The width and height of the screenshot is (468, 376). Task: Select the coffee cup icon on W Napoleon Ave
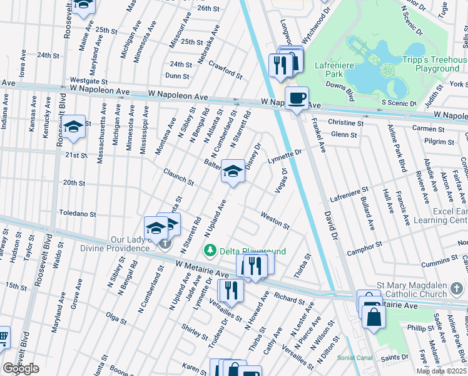(x=297, y=98)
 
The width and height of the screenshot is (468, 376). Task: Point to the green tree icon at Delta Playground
(x=211, y=251)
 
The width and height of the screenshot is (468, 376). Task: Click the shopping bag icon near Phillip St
(x=374, y=316)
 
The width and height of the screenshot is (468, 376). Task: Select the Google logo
(x=21, y=368)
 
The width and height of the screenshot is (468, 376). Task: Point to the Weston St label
(x=275, y=221)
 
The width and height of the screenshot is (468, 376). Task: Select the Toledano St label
(x=78, y=214)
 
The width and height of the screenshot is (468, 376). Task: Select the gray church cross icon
(x=165, y=244)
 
